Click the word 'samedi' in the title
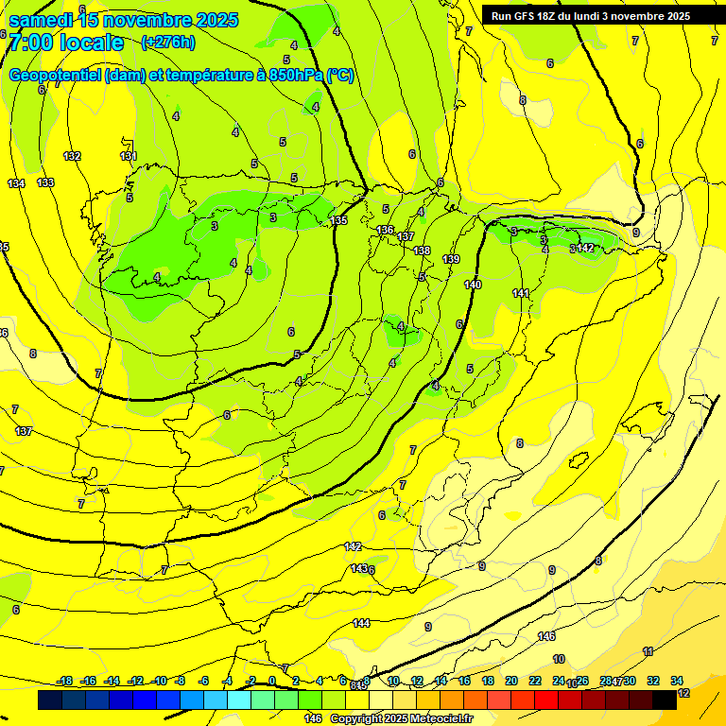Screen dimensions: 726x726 click(x=45, y=20)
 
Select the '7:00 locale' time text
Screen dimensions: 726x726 click(x=65, y=43)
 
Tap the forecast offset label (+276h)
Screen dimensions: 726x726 click(x=168, y=42)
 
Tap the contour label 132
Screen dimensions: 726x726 click(x=72, y=156)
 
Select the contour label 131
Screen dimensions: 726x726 click(x=129, y=156)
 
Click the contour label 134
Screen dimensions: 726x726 click(x=16, y=183)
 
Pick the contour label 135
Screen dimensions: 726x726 click(x=338, y=220)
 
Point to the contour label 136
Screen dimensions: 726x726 click(x=385, y=230)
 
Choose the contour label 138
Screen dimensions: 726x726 click(x=422, y=251)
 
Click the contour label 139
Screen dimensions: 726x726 click(x=451, y=259)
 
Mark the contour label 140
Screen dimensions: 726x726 click(x=473, y=285)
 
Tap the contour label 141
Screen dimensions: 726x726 click(x=521, y=294)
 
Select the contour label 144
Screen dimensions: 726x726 click(x=361, y=623)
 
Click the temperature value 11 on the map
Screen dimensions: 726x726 click(x=648, y=651)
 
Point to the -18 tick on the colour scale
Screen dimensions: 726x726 click(x=65, y=681)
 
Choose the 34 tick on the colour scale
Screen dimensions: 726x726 click(x=677, y=681)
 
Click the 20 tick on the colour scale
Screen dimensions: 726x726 click(x=511, y=681)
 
